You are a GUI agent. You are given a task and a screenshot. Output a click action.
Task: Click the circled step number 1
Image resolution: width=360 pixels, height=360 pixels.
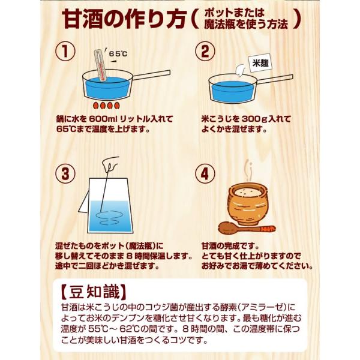coord(65,51)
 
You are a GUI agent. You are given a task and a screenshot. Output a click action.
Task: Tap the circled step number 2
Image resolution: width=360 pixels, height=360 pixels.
coord(205,51)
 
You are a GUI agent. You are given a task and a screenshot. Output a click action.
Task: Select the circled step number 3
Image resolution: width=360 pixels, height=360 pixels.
coord(65,174)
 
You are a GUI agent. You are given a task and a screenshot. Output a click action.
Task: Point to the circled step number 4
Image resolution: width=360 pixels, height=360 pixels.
coord(205,174)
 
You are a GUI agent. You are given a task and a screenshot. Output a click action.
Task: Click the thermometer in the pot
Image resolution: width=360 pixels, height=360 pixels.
coord(100,65)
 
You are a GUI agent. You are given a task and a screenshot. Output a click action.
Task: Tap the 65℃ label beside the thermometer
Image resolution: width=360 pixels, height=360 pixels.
coord(118,54)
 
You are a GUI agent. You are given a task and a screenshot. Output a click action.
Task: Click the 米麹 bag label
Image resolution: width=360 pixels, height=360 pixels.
coord(260,63)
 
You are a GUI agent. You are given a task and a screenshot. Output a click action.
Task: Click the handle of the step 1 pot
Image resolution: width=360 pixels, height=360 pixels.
coord(151,75)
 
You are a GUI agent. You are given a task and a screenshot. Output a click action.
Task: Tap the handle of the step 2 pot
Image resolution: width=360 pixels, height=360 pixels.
coord(275,79)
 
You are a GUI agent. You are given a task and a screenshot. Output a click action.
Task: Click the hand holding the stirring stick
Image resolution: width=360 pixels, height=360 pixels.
coord(110,164)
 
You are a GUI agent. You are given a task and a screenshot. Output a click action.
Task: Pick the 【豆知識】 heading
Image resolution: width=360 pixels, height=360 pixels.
coord(94,292)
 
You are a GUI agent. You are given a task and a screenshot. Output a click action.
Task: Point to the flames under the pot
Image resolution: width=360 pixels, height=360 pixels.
coord(107,106)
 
